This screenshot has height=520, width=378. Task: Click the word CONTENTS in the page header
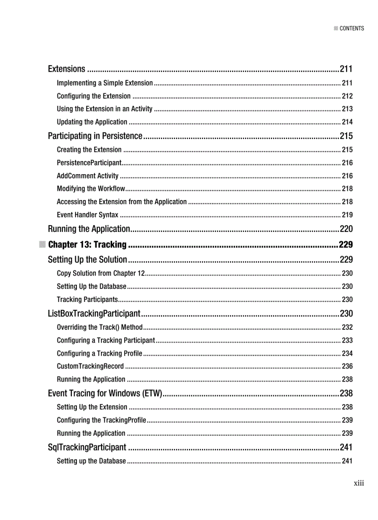click(x=352, y=28)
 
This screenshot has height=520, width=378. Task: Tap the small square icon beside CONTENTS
click(x=336, y=28)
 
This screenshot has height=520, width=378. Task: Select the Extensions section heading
click(x=67, y=69)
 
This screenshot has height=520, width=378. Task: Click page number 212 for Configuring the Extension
click(x=347, y=96)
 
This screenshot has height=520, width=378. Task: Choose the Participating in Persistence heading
click(x=95, y=136)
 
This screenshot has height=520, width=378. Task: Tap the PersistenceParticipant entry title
click(x=89, y=163)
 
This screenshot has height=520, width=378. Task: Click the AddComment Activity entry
click(x=88, y=176)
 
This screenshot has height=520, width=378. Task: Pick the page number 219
click(x=347, y=215)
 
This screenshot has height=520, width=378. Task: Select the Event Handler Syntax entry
click(x=88, y=215)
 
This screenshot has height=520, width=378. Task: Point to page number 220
click(x=346, y=229)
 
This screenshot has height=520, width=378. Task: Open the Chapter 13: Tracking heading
click(x=87, y=244)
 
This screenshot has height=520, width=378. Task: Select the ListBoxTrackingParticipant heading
click(x=94, y=313)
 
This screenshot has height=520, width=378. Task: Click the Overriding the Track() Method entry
click(x=100, y=327)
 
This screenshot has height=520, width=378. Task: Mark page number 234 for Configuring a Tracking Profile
click(x=347, y=353)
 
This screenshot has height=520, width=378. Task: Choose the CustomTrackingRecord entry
click(x=90, y=366)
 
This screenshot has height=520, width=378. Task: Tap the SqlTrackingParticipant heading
click(x=87, y=447)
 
